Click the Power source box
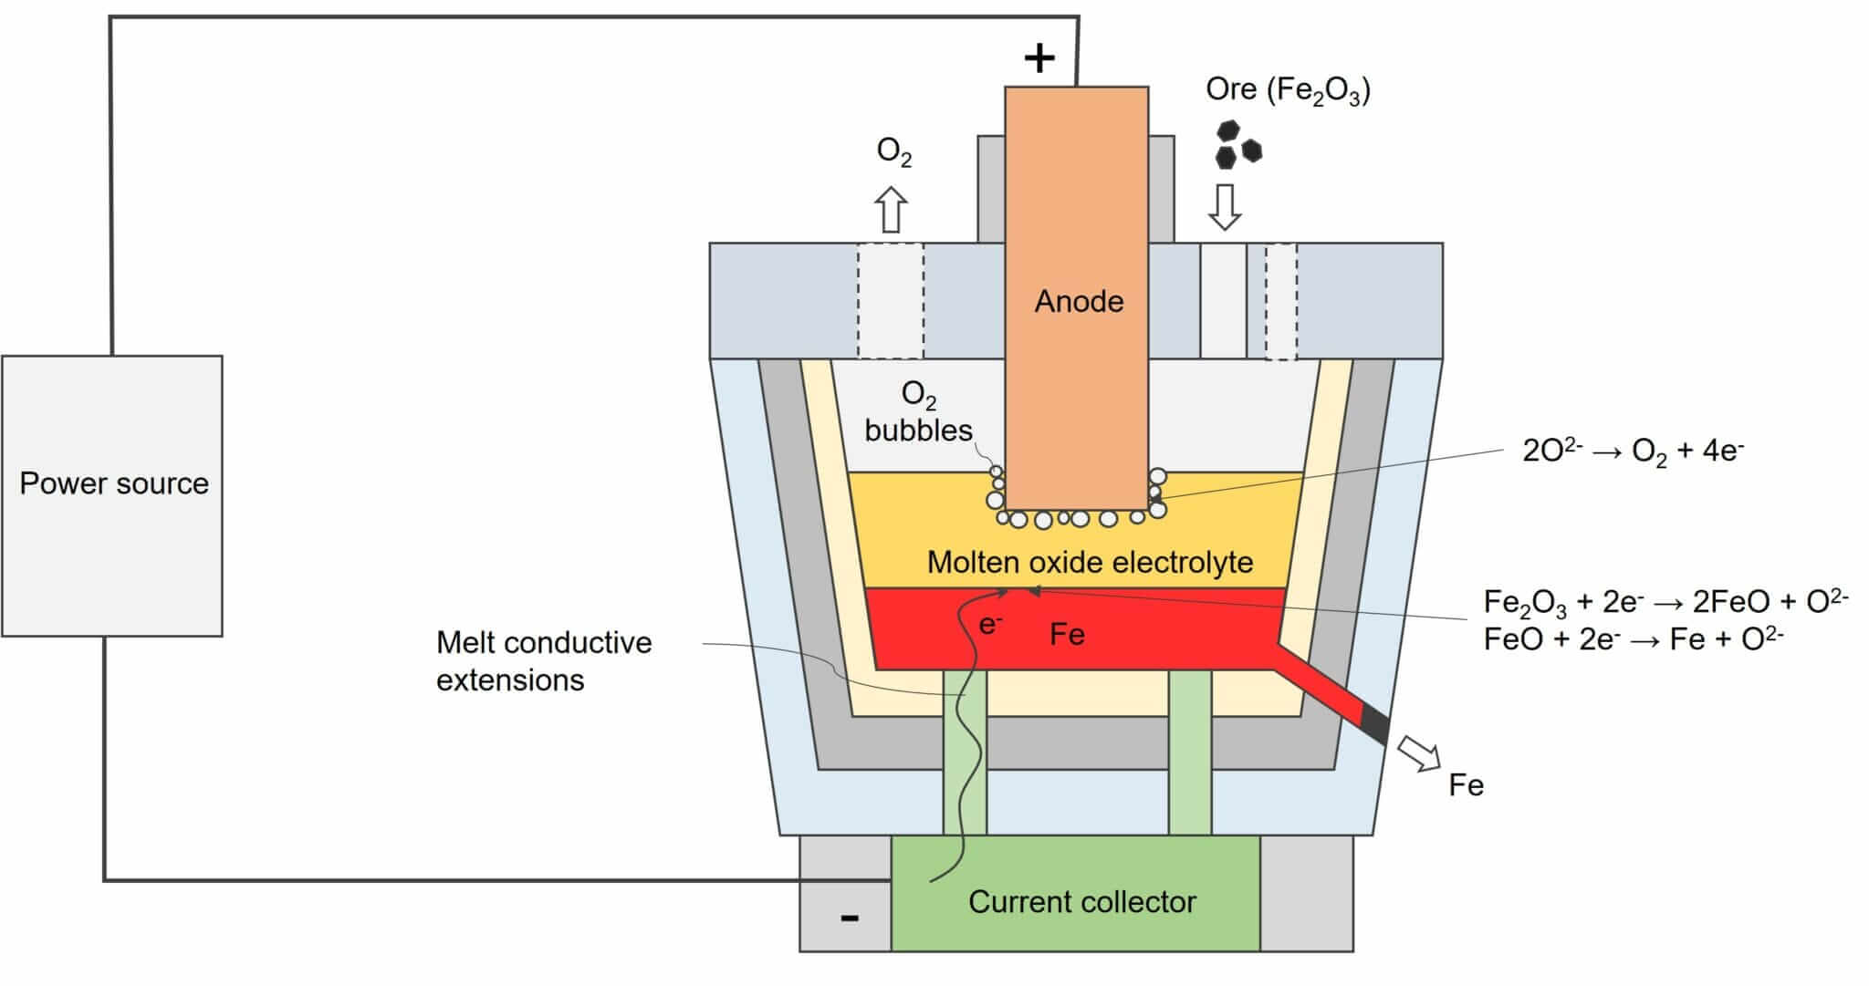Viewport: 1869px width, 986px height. click(112, 495)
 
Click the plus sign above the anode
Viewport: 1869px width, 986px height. click(1039, 58)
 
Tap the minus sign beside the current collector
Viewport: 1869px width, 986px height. click(849, 918)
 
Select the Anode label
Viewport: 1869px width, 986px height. click(1079, 301)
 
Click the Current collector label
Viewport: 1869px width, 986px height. click(1081, 901)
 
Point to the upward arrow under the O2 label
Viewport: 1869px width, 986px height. click(892, 210)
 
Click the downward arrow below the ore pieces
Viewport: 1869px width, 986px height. click(1224, 206)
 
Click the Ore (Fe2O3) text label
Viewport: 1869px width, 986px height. click(1288, 90)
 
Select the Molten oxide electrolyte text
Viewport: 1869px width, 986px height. click(1090, 562)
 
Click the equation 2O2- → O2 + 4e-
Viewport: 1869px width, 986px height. click(1633, 451)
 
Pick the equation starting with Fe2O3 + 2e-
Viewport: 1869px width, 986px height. click(1665, 601)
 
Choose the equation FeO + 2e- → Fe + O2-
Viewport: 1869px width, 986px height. click(1633, 639)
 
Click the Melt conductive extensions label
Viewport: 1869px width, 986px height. click(543, 661)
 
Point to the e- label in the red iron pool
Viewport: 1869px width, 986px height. click(990, 625)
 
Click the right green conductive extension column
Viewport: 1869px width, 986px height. click(1190, 752)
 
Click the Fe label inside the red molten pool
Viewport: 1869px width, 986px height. click(1067, 634)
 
